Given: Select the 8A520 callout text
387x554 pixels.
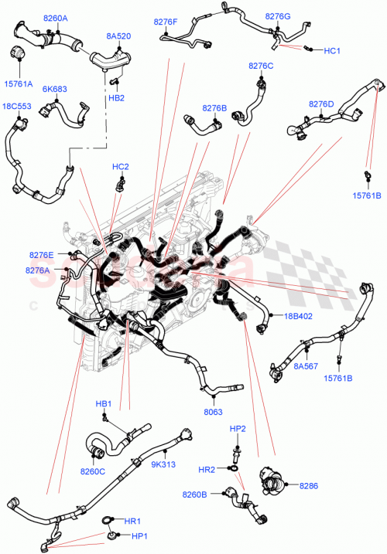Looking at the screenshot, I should coord(118,36).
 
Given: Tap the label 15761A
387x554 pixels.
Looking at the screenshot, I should coord(18,83).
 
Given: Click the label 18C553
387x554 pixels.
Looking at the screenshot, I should coord(17,105).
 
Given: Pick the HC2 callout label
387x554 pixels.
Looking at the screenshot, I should coord(120,167).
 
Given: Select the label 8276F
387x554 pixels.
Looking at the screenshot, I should coord(165,22).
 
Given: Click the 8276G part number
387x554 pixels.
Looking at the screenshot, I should coord(277,16).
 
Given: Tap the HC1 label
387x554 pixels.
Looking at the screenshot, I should coord(332,51).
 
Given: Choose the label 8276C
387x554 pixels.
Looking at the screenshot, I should coord(261,66).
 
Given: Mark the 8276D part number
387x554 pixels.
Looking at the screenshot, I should coord(321,104).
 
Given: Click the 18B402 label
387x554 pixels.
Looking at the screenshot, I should coord(297,316).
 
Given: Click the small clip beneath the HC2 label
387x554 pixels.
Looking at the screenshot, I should coord(121,184).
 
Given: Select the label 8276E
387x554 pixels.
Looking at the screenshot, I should coord(41,255).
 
